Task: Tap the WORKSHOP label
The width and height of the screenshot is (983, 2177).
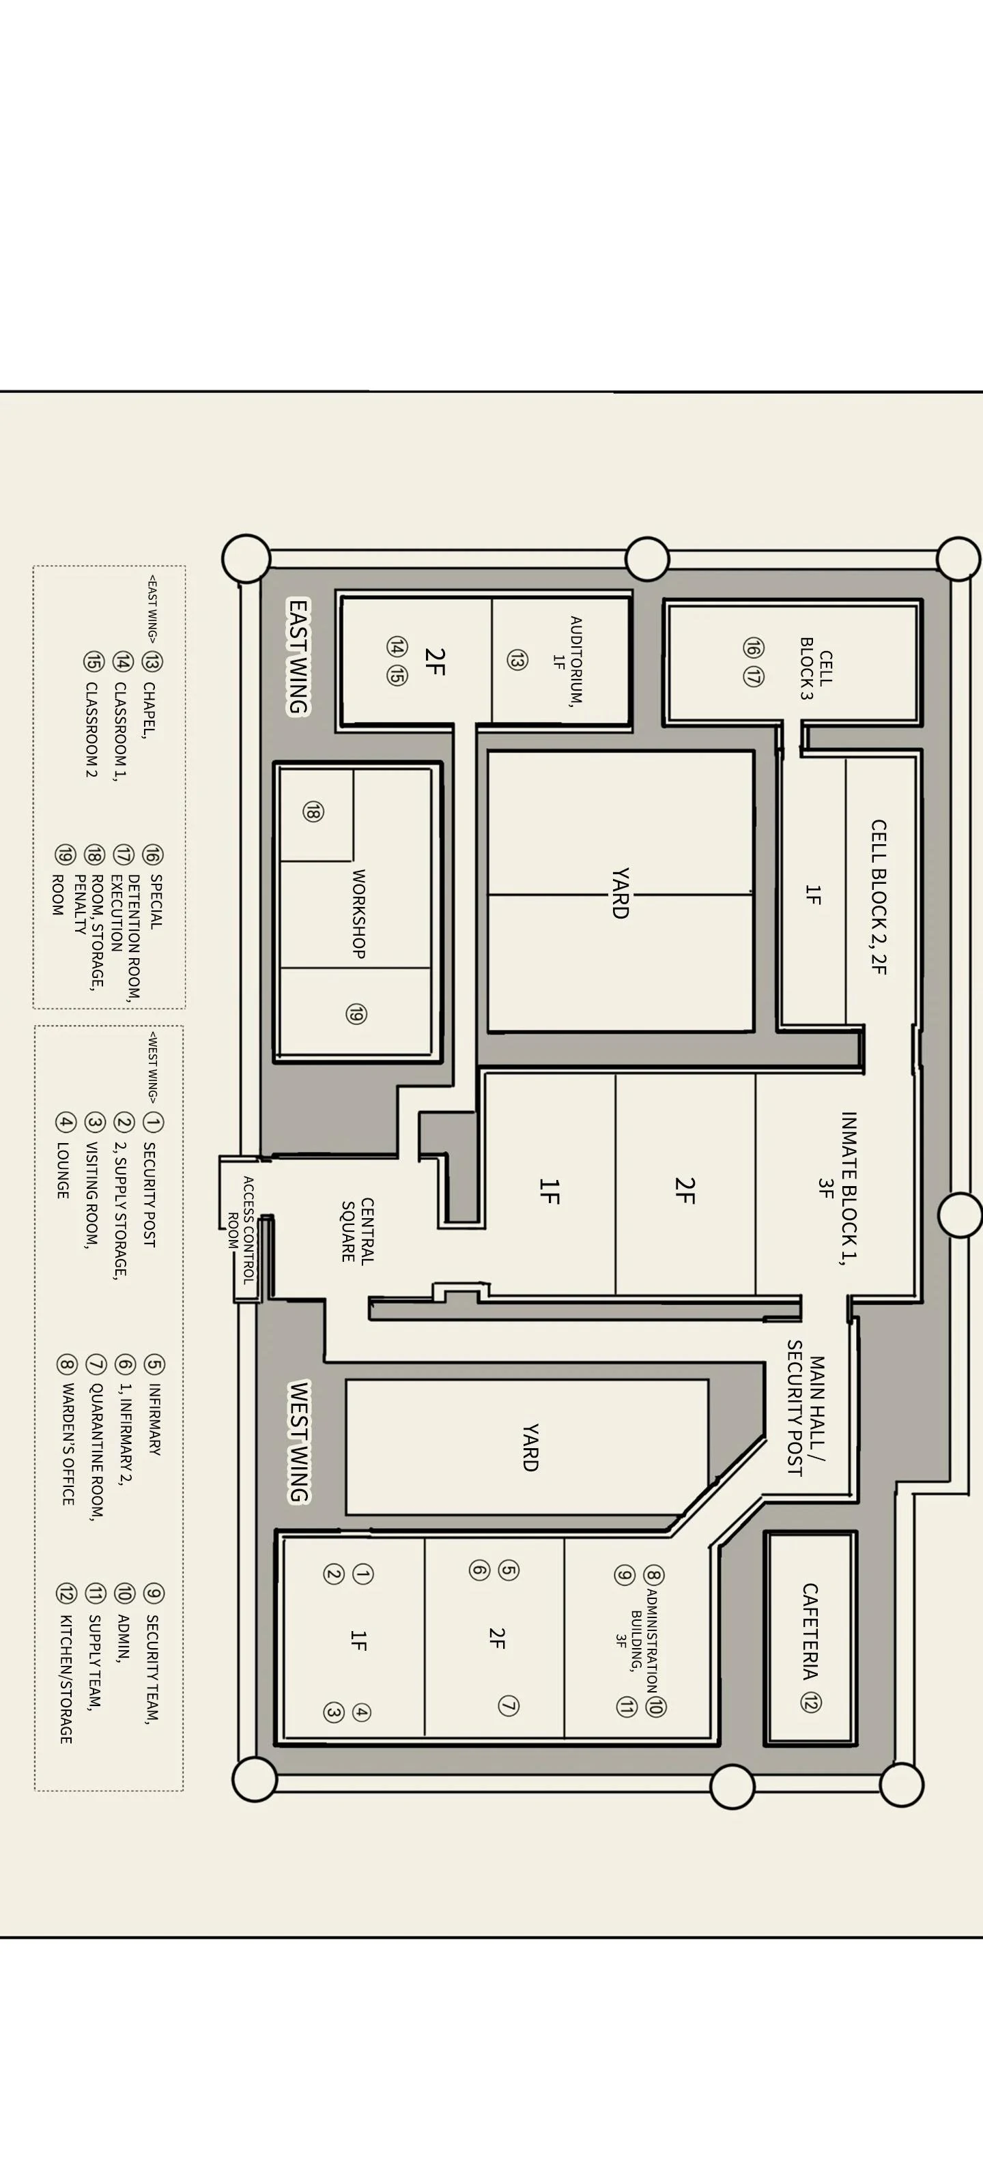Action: pyautogui.click(x=358, y=914)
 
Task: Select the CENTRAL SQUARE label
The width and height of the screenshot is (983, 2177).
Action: pyautogui.click(x=358, y=1230)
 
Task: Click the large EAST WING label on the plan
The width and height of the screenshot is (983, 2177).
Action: pyautogui.click(x=298, y=657)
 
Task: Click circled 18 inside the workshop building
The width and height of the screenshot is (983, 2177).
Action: pyautogui.click(x=312, y=811)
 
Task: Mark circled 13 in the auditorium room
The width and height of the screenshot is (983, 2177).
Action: pyautogui.click(x=517, y=660)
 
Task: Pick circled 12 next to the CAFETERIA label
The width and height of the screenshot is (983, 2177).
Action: pyautogui.click(x=810, y=1703)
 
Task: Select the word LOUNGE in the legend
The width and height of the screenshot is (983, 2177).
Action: pyautogui.click(x=63, y=1170)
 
